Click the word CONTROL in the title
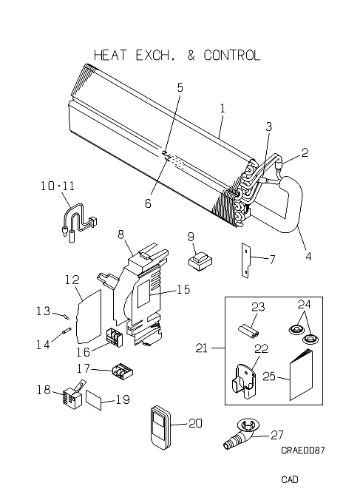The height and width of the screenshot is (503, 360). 231,55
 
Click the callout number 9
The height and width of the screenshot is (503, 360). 191,237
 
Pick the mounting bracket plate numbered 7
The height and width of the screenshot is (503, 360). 245,260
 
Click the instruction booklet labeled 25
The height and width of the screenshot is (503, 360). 302,374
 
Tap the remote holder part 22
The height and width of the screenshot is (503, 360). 244,380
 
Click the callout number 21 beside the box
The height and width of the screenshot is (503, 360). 201,348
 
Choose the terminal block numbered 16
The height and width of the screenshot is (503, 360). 115,337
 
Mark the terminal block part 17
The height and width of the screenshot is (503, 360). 123,371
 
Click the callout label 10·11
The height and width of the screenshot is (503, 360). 58,186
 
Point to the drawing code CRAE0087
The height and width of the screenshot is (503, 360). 302,450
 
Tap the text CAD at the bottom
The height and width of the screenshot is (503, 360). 290,479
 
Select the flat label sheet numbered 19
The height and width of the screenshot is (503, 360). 94,399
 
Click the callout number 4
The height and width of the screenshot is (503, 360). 308,257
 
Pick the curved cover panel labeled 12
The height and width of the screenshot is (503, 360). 89,317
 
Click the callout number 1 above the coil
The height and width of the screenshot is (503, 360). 223,109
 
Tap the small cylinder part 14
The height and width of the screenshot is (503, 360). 67,330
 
